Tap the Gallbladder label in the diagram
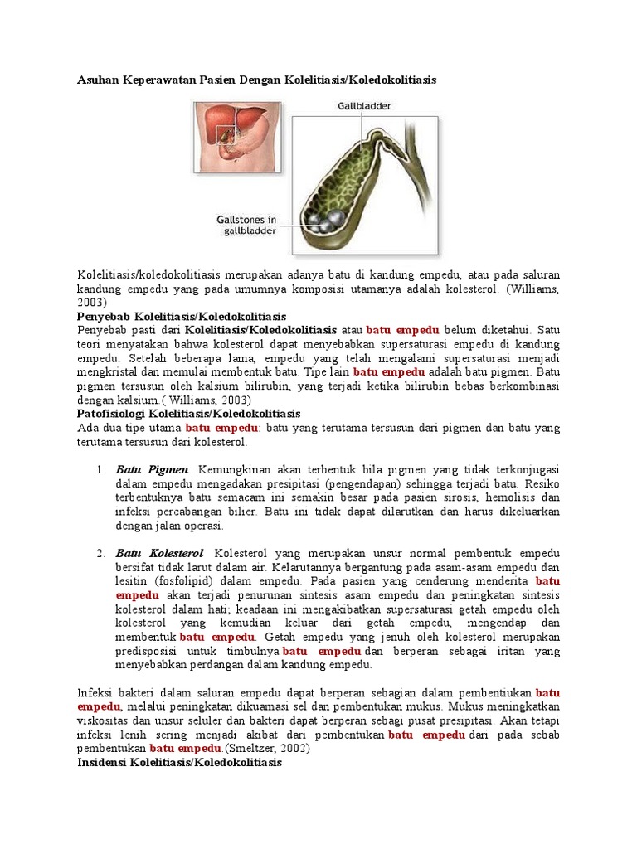point(364,107)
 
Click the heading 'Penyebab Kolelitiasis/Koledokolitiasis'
point(181,317)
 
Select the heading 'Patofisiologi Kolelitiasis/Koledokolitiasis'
point(188,413)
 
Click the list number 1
point(100,470)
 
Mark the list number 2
point(100,554)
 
